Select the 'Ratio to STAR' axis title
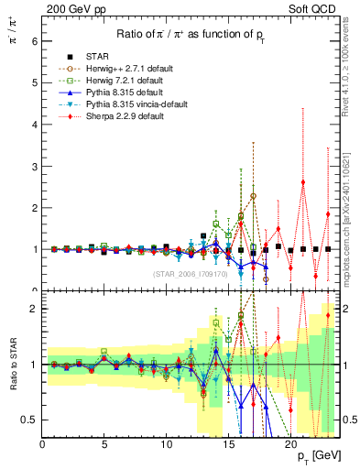tap(14, 365)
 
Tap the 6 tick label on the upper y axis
tap(33, 41)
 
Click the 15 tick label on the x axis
tap(228, 444)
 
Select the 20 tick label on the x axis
tap(290, 444)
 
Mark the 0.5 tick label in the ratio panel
tap(27, 420)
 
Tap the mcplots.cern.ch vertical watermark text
tap(352, 220)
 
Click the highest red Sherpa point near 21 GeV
tap(303, 182)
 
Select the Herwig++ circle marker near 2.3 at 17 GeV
tap(253, 196)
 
